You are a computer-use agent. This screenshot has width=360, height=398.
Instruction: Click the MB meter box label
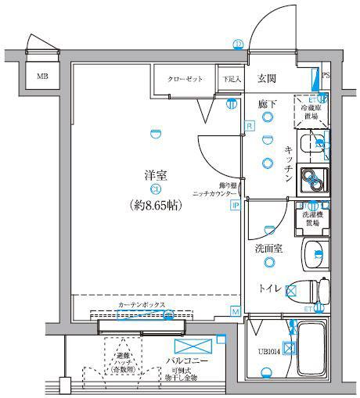coord(41,77)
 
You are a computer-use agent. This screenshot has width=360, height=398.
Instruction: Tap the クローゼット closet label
coord(185,79)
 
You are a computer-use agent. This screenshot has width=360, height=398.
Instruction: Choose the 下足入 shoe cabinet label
coord(229,79)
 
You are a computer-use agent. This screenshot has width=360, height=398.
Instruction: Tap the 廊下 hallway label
coord(268,102)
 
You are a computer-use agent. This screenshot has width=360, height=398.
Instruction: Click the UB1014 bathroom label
coord(268,351)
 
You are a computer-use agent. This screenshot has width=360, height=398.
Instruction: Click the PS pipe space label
coord(326,77)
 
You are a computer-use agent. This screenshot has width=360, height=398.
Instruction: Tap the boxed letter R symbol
coord(248,125)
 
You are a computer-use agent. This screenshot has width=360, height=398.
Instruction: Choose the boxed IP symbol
coord(234,206)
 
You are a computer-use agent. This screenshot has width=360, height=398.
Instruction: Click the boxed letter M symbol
coord(235,311)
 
